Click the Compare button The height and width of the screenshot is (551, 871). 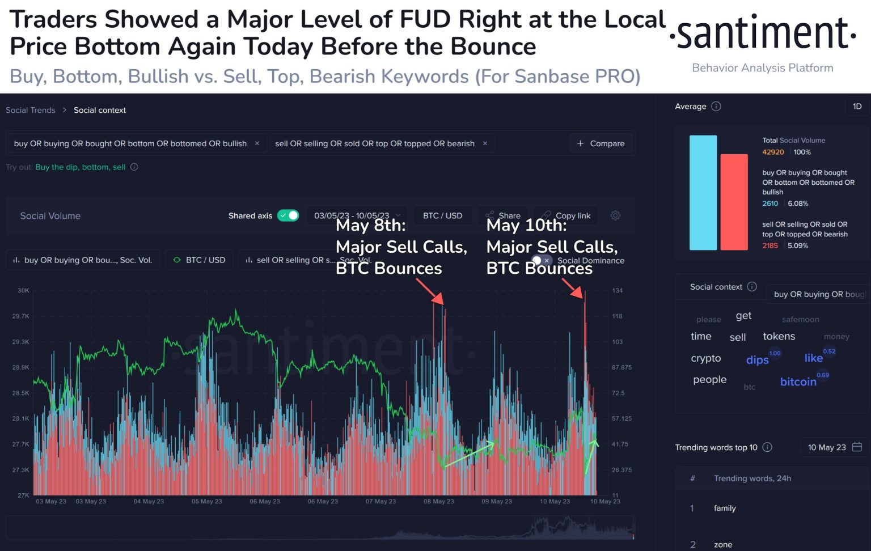pos(601,143)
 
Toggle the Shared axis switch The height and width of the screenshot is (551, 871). pos(288,215)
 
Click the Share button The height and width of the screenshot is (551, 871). pos(503,215)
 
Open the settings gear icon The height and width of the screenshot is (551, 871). pos(615,215)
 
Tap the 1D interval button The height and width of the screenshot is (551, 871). pos(857,106)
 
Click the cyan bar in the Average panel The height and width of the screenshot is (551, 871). pos(703,193)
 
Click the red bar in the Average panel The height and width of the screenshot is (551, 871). pos(734,202)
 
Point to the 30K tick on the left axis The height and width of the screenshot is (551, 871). pos(23,290)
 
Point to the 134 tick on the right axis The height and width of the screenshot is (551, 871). pos(618,290)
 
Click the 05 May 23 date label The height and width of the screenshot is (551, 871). pos(207,501)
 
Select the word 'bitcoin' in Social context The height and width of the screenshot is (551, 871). pos(798,382)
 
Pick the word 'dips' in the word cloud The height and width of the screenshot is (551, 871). pos(757,360)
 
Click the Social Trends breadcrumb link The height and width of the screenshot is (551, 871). pos(31,110)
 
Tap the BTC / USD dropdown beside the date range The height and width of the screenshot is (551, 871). pos(442,215)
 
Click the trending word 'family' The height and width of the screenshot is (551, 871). pos(725,508)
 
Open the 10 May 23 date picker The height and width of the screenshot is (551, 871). pos(834,447)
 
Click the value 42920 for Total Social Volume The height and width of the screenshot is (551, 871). pos(773,152)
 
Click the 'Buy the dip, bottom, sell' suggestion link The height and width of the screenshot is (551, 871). pos(81,167)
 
